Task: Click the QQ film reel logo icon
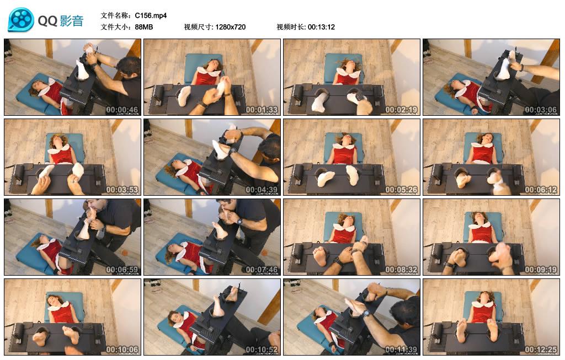coord(21,20)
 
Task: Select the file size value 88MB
coord(144,27)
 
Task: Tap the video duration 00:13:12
coord(321,27)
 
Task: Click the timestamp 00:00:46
coord(122,110)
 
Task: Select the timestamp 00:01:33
coord(262,110)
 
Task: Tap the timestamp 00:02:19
coord(401,110)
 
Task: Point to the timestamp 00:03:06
coord(541,110)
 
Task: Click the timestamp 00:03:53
coord(122,190)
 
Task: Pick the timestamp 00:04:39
coord(262,190)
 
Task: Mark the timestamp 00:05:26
coord(401,190)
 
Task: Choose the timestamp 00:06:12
coord(541,190)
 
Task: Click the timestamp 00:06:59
coord(122,270)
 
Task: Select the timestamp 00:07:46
coord(262,270)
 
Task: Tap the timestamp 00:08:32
coord(401,270)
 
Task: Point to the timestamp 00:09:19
coord(541,270)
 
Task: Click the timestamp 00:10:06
coord(122,350)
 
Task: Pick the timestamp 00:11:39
coord(401,350)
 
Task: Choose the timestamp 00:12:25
coord(541,350)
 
